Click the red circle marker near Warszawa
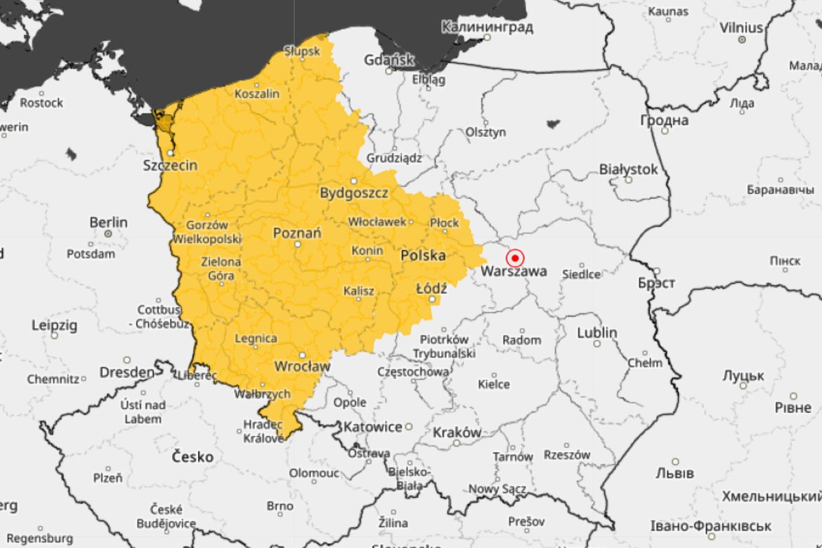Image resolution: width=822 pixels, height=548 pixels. coord(514,258)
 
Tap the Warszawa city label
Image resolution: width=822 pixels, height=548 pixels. coord(514,271)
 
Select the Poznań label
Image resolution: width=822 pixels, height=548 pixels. coord(297,233)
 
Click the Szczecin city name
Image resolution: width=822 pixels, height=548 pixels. coord(171,165)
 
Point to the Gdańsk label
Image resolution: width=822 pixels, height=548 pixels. coord(389,60)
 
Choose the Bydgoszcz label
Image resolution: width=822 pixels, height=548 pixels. coord(354,193)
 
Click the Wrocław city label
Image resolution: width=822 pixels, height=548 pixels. coord(301,366)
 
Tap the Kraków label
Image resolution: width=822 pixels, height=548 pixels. coord(457,433)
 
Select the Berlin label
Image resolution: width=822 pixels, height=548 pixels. coord(108,222)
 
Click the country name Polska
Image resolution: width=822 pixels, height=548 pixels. coord(423,256)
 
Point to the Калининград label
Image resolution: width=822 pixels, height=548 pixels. coord(487,27)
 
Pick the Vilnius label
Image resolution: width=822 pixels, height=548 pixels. coord(741,28)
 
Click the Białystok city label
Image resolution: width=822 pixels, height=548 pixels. coord(628,169)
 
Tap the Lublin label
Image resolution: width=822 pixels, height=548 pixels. coord(597,333)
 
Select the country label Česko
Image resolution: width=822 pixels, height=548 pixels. coord(192,457)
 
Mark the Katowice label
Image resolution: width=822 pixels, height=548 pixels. coord(373,427)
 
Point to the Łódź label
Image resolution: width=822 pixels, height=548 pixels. coord(432,288)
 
